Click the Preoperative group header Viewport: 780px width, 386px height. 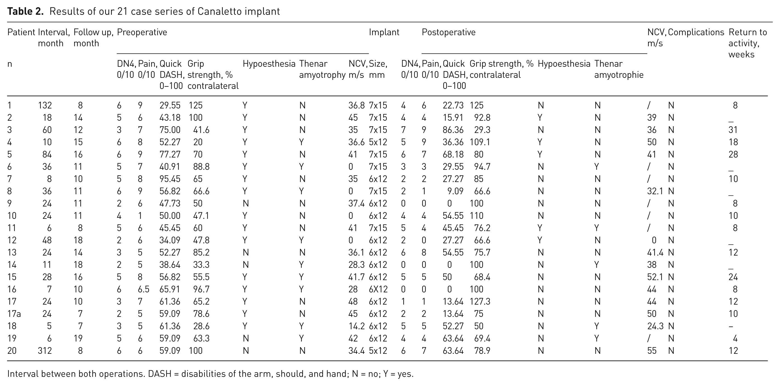(x=142, y=32)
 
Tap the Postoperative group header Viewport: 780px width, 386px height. (x=448, y=32)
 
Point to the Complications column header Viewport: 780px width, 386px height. (x=696, y=32)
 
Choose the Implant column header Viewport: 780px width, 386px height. (x=384, y=32)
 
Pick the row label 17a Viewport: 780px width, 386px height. (x=14, y=314)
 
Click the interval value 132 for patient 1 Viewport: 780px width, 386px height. (x=45, y=105)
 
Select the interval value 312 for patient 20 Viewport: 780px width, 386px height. (x=45, y=350)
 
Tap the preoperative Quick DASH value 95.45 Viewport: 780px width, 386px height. (x=170, y=179)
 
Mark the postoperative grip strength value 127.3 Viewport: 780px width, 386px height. (x=480, y=301)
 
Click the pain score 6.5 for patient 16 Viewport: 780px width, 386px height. (x=143, y=289)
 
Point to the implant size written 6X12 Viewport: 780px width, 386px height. (x=378, y=289)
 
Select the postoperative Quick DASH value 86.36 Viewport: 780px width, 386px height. (x=453, y=130)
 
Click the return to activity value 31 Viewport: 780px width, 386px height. (x=733, y=130)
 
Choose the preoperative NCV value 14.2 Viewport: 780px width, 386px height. (x=356, y=326)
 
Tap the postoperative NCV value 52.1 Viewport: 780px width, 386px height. (x=655, y=277)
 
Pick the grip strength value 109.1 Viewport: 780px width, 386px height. (x=480, y=142)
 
